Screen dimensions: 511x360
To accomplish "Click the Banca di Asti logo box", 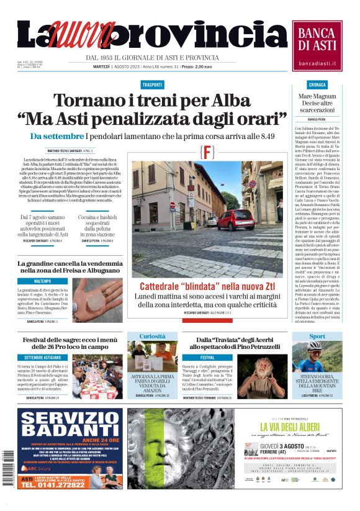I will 317,45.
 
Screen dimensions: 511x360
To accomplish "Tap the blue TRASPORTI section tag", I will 153,84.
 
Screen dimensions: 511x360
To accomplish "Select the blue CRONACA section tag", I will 317,84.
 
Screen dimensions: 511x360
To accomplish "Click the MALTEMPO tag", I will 43,281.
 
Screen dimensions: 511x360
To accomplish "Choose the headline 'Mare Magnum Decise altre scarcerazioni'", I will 317,102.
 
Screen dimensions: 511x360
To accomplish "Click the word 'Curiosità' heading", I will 153,337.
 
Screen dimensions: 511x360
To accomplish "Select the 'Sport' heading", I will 317,337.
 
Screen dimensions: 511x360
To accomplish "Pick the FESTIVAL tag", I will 207,358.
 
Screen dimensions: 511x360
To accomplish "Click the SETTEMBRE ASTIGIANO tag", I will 43,358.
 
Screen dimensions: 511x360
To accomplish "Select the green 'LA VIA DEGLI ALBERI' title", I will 294,427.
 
